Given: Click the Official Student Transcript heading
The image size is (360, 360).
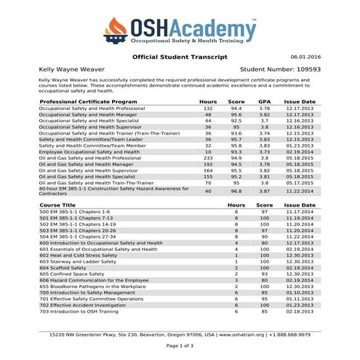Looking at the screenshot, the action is [x=180, y=56].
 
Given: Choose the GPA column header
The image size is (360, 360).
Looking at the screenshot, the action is [x=265, y=101].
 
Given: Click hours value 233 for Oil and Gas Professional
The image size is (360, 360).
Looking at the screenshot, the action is [x=208, y=157].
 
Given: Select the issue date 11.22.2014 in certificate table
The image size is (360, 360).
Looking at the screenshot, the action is [x=300, y=191].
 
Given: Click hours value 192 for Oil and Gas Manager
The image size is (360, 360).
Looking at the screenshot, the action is [x=208, y=164].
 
